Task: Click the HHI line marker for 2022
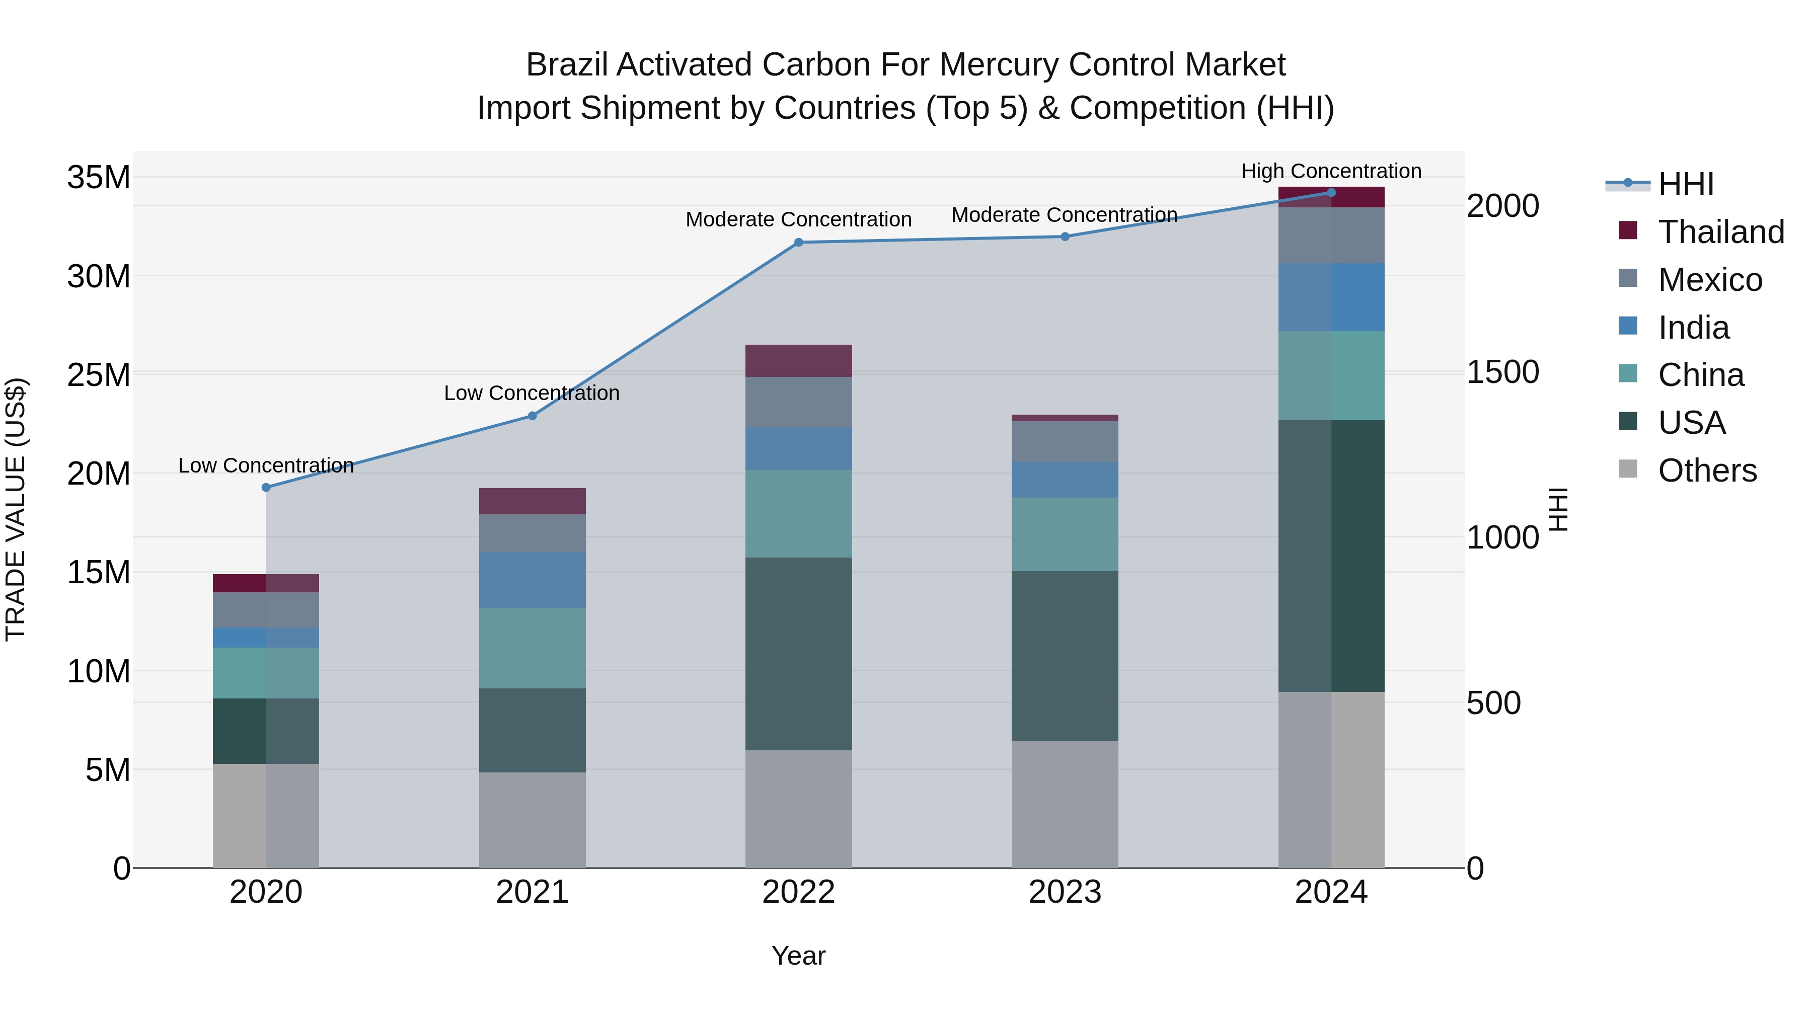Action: coord(798,243)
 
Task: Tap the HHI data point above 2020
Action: coord(266,487)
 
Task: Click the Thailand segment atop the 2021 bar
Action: coord(532,501)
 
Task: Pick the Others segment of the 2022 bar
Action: coord(798,809)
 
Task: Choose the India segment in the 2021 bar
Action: coord(532,580)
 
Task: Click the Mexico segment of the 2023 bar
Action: coord(1064,442)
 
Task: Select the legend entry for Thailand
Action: coord(1720,232)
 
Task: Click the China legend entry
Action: coord(1700,375)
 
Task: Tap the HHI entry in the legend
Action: coord(1685,184)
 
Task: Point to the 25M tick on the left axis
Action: coord(99,375)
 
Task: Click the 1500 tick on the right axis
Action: coord(1502,372)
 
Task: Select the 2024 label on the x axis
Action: coord(1331,892)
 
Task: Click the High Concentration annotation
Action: coord(1331,171)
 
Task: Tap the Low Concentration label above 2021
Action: coord(532,393)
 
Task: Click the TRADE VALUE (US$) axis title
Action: coord(16,509)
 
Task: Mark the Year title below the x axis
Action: coord(798,956)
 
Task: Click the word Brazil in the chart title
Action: coord(568,65)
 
